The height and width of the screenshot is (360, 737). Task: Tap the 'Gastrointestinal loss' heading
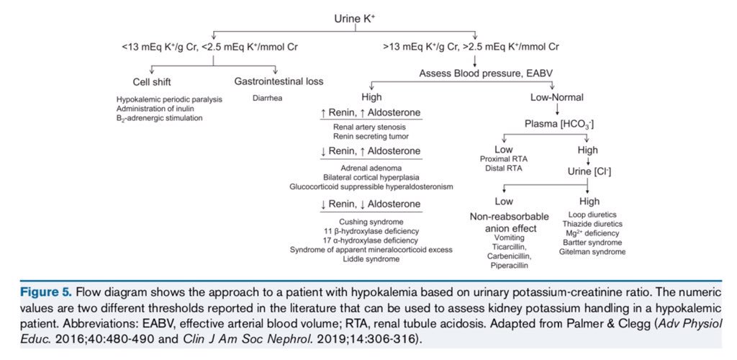click(279, 81)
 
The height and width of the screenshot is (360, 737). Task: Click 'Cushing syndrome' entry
click(371, 221)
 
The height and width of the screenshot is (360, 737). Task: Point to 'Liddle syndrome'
click(371, 258)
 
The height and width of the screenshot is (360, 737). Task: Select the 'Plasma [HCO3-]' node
click(559, 125)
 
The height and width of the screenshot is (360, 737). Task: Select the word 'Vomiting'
click(509, 237)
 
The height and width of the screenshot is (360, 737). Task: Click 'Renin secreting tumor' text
click(371, 135)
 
